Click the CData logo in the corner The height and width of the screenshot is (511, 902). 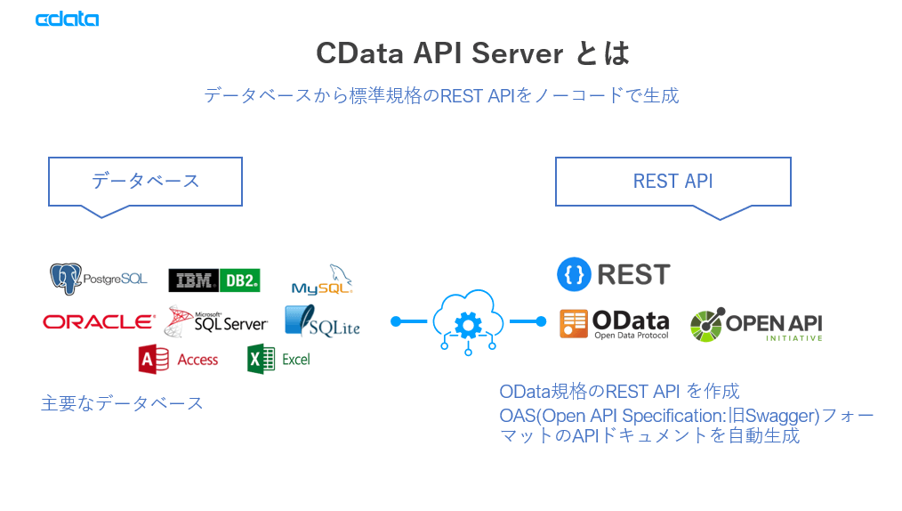[x=67, y=19]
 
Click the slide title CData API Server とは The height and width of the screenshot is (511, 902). [x=472, y=53]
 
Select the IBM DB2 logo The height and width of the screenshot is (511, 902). [x=214, y=280]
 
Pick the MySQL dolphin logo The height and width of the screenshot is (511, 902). [x=323, y=280]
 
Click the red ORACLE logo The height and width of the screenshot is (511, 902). [x=98, y=321]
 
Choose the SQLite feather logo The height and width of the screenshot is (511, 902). [x=321, y=321]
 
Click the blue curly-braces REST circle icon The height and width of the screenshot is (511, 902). [x=574, y=275]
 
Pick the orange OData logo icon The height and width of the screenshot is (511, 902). [x=574, y=323]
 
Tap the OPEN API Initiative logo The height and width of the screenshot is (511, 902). [x=756, y=325]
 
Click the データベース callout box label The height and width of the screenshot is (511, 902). [x=145, y=182]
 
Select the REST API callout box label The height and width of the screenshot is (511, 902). [x=672, y=182]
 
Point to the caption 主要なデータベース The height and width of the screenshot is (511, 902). [x=123, y=403]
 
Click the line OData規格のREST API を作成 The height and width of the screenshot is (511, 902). [x=619, y=392]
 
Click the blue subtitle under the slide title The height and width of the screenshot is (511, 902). [x=441, y=95]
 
